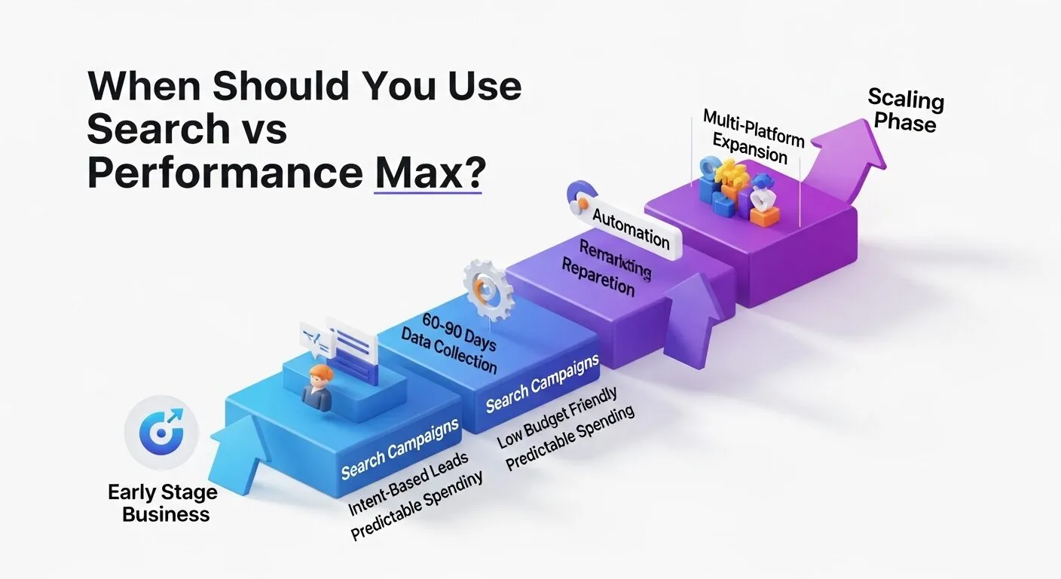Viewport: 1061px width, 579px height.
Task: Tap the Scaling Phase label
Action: click(x=905, y=110)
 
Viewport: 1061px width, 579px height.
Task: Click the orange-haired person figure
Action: click(x=316, y=388)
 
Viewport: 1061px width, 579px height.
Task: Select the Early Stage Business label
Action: click(x=162, y=504)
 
